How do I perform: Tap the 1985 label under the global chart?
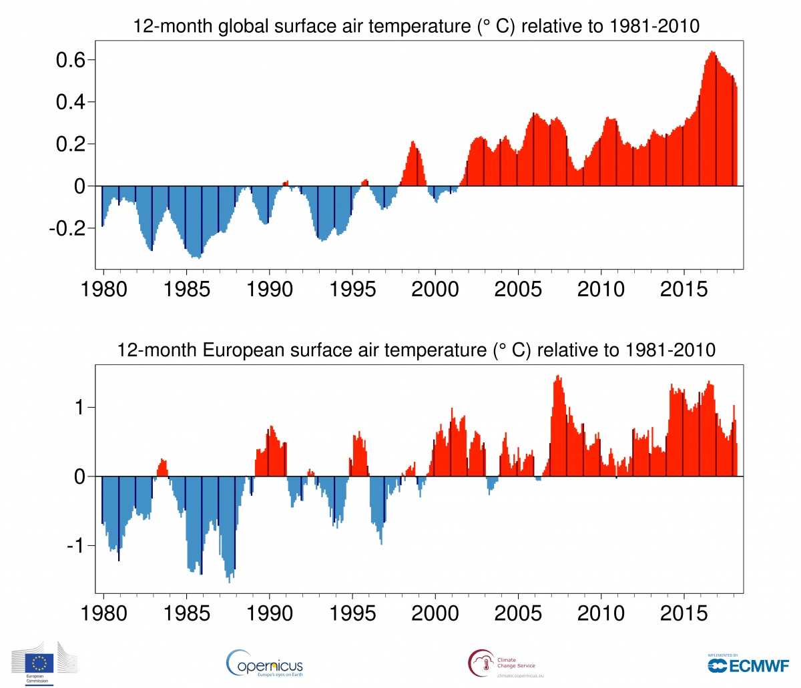[x=187, y=289]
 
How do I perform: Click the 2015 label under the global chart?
[x=684, y=289]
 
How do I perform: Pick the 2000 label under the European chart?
[x=435, y=613]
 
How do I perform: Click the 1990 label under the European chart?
[x=270, y=613]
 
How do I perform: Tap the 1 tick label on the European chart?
[x=81, y=407]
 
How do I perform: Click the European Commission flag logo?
[x=40, y=662]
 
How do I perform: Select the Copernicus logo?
[x=265, y=663]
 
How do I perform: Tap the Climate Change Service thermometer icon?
[x=481, y=663]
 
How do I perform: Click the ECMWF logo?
[x=748, y=665]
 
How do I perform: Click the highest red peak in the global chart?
[x=712, y=53]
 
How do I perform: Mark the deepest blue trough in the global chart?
[x=198, y=257]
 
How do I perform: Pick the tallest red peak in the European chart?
[x=558, y=377]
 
